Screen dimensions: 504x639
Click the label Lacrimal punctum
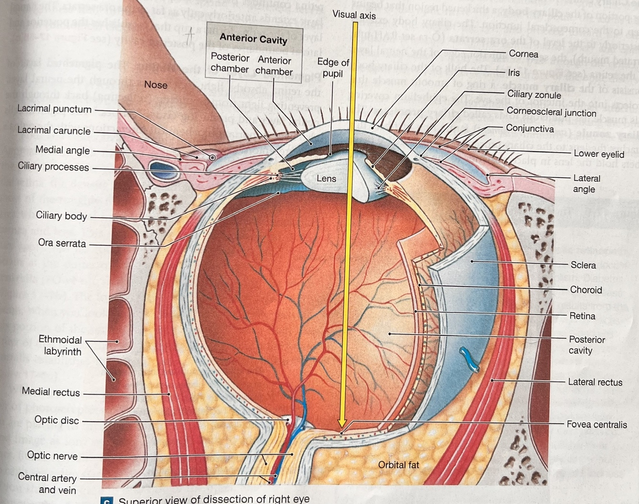(54, 109)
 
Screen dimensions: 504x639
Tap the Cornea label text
(523, 54)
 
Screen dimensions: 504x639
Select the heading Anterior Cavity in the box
(253, 38)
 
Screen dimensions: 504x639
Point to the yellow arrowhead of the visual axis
(342, 422)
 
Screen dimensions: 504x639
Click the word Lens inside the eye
(326, 178)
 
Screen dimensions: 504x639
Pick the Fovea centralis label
(596, 424)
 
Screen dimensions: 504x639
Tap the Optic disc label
(57, 420)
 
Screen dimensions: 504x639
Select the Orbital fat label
(398, 465)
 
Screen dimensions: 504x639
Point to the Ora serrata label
(62, 243)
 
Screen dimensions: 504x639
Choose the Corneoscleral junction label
(551, 112)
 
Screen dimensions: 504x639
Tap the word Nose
(156, 85)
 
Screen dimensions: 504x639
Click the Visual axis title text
(354, 15)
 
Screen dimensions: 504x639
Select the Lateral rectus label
(595, 382)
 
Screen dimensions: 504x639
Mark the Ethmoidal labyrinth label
(60, 345)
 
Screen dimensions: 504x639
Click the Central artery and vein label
(48, 484)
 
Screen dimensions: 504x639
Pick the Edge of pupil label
(333, 68)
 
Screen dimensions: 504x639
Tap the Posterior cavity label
(586, 345)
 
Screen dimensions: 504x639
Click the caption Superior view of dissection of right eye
(214, 499)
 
